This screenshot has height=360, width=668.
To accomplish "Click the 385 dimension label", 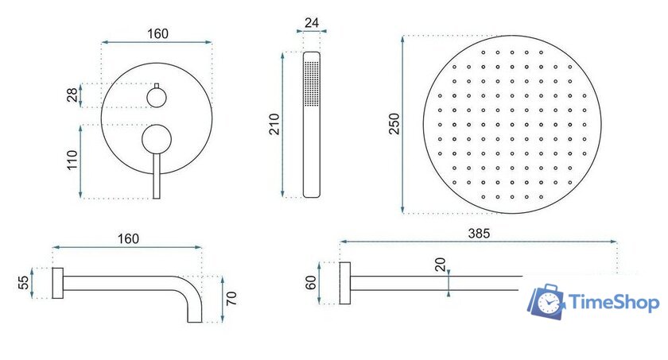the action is pos(479,233).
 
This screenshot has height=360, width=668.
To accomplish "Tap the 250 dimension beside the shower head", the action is pos(394,123).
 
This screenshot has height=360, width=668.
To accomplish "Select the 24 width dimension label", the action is pos(312,22).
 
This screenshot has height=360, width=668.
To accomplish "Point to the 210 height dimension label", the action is pos(274,124).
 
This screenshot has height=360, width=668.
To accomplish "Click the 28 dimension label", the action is pos(72,95).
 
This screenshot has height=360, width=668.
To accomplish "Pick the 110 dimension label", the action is pos(72,160).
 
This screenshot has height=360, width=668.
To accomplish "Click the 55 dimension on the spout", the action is pos(23,283).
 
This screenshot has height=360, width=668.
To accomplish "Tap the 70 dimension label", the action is pos(231,298).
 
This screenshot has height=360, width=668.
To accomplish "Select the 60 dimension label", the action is pos(311,283).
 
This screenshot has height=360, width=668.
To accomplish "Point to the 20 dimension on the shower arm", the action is pos(440,265).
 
